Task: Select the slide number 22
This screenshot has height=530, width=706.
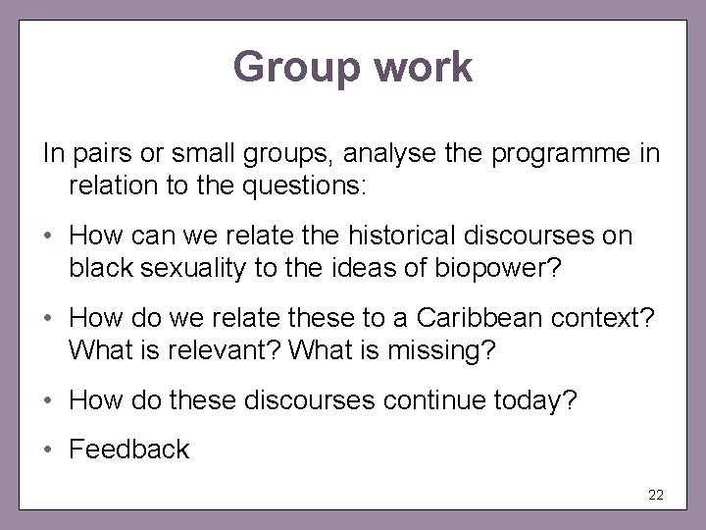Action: coord(656,495)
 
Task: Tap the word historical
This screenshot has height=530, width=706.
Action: coord(377,237)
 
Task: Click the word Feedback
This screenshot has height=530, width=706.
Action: coord(128,450)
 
